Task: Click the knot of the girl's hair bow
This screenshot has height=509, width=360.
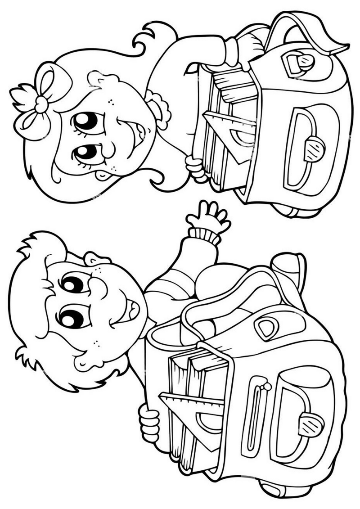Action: click(42, 104)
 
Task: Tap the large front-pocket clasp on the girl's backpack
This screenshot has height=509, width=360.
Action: click(315, 148)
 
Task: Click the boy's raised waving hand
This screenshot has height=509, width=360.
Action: click(209, 218)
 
